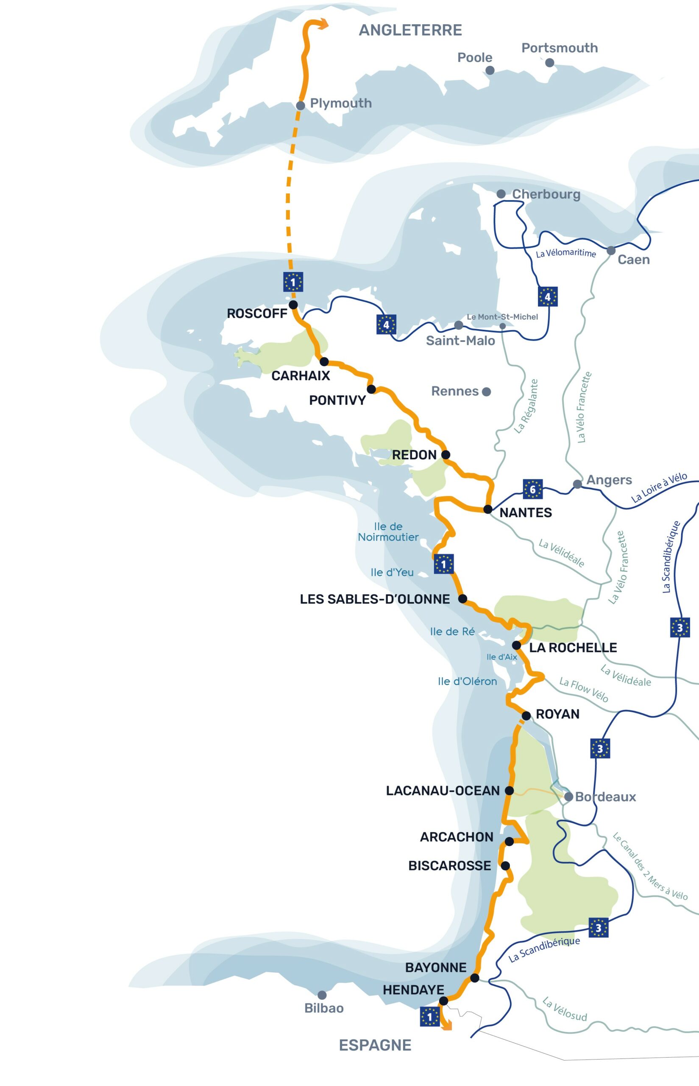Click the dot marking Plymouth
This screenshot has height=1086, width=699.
[x=300, y=106]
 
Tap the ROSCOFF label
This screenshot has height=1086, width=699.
[x=257, y=313]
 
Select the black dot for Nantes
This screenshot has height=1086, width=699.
[x=487, y=509]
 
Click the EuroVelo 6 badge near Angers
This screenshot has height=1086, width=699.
[x=532, y=489]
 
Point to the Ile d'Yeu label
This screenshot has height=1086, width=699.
[x=392, y=572]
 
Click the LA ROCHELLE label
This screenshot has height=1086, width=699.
[x=573, y=648]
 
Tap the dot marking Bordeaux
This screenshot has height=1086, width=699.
[x=568, y=797]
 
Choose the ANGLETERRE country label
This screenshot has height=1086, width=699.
[x=410, y=30]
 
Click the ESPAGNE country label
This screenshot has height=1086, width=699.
[x=375, y=1045]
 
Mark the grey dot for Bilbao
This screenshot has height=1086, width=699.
[x=322, y=995]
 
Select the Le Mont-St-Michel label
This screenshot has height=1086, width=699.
[x=502, y=316]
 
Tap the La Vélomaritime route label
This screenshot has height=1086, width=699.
[x=565, y=253]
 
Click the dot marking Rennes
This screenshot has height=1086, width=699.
[x=486, y=392]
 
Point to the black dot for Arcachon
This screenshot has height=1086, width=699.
[x=509, y=842]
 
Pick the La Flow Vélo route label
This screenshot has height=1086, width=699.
[x=583, y=689]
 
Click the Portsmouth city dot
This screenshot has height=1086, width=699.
[x=549, y=63]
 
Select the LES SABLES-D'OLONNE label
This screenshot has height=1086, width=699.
[x=374, y=599]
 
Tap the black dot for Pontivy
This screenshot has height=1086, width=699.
[x=371, y=389]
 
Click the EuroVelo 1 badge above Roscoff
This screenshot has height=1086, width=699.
[x=293, y=282]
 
